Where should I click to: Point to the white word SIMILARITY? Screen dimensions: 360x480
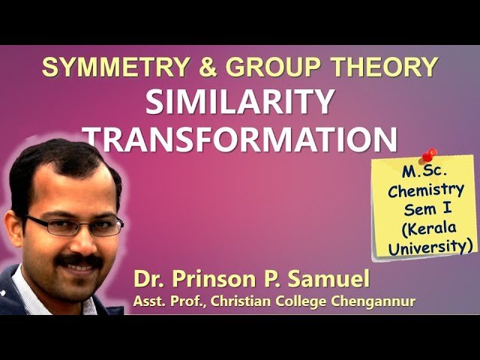pyautogui.click(x=239, y=103)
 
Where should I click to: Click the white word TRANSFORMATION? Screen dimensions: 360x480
pyautogui.click(x=239, y=139)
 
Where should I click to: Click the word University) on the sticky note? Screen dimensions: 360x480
pyautogui.click(x=431, y=245)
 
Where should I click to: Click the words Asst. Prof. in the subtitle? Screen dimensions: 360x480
pyautogui.click(x=161, y=301)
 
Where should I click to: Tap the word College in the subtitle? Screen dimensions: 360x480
pyautogui.click(x=300, y=301)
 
